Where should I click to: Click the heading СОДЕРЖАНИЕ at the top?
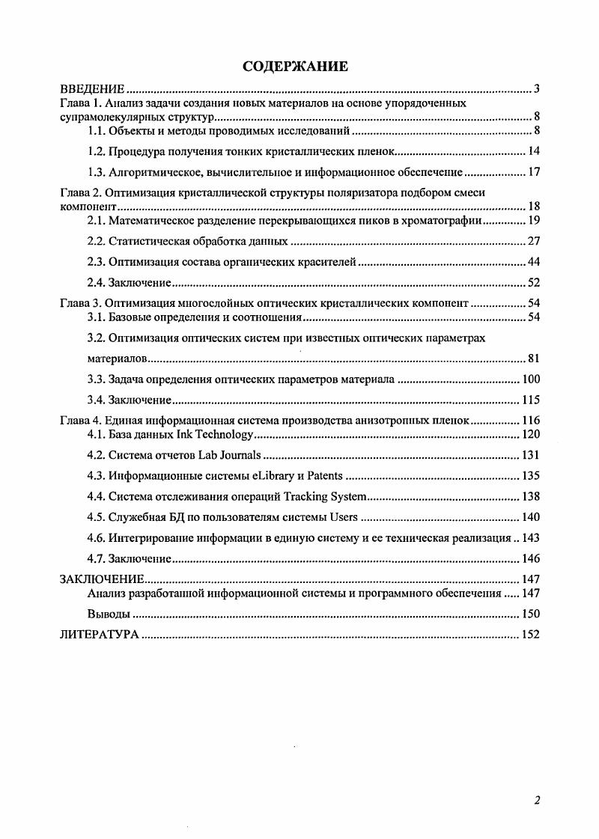point(296,67)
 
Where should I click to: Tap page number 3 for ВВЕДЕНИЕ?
point(537,90)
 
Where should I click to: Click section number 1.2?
point(97,152)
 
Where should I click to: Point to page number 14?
point(534,152)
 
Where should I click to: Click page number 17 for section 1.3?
point(534,172)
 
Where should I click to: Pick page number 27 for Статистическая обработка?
point(533,241)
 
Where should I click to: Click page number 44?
point(533,262)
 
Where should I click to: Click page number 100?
point(531,379)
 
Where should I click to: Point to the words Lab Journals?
point(230,455)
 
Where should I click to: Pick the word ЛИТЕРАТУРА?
point(99,635)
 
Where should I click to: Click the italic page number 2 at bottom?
point(537,799)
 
